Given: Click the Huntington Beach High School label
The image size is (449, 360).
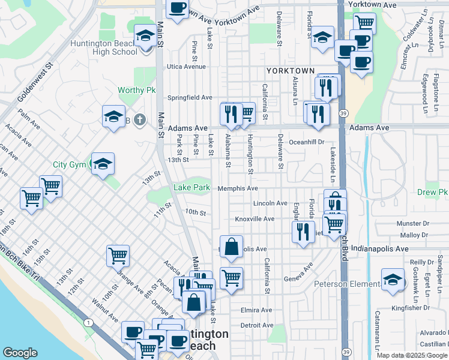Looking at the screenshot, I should [104, 47].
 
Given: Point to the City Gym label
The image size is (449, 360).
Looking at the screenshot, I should [69, 164].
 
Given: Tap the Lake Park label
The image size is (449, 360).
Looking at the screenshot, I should [191, 188].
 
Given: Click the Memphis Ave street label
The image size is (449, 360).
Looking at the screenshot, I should [238, 188].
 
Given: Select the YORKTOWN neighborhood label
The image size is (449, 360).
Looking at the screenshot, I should [291, 71].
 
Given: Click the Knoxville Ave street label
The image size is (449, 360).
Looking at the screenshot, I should [255, 219].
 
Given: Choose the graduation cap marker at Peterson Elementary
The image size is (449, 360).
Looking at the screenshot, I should [393, 280].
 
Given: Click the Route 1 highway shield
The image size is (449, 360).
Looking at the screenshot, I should [89, 323].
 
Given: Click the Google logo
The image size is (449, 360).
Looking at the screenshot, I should [20, 353].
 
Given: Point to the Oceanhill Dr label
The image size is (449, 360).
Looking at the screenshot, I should [307, 142].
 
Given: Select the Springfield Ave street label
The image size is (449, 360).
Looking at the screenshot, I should [190, 97].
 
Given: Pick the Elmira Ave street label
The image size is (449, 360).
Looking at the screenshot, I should [256, 310].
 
